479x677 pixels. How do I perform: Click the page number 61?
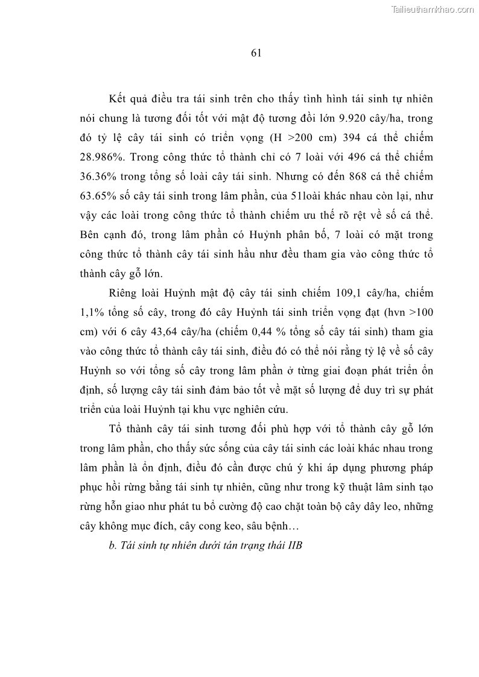[x=255, y=53]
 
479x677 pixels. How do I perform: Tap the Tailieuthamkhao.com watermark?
[x=433, y=9]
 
